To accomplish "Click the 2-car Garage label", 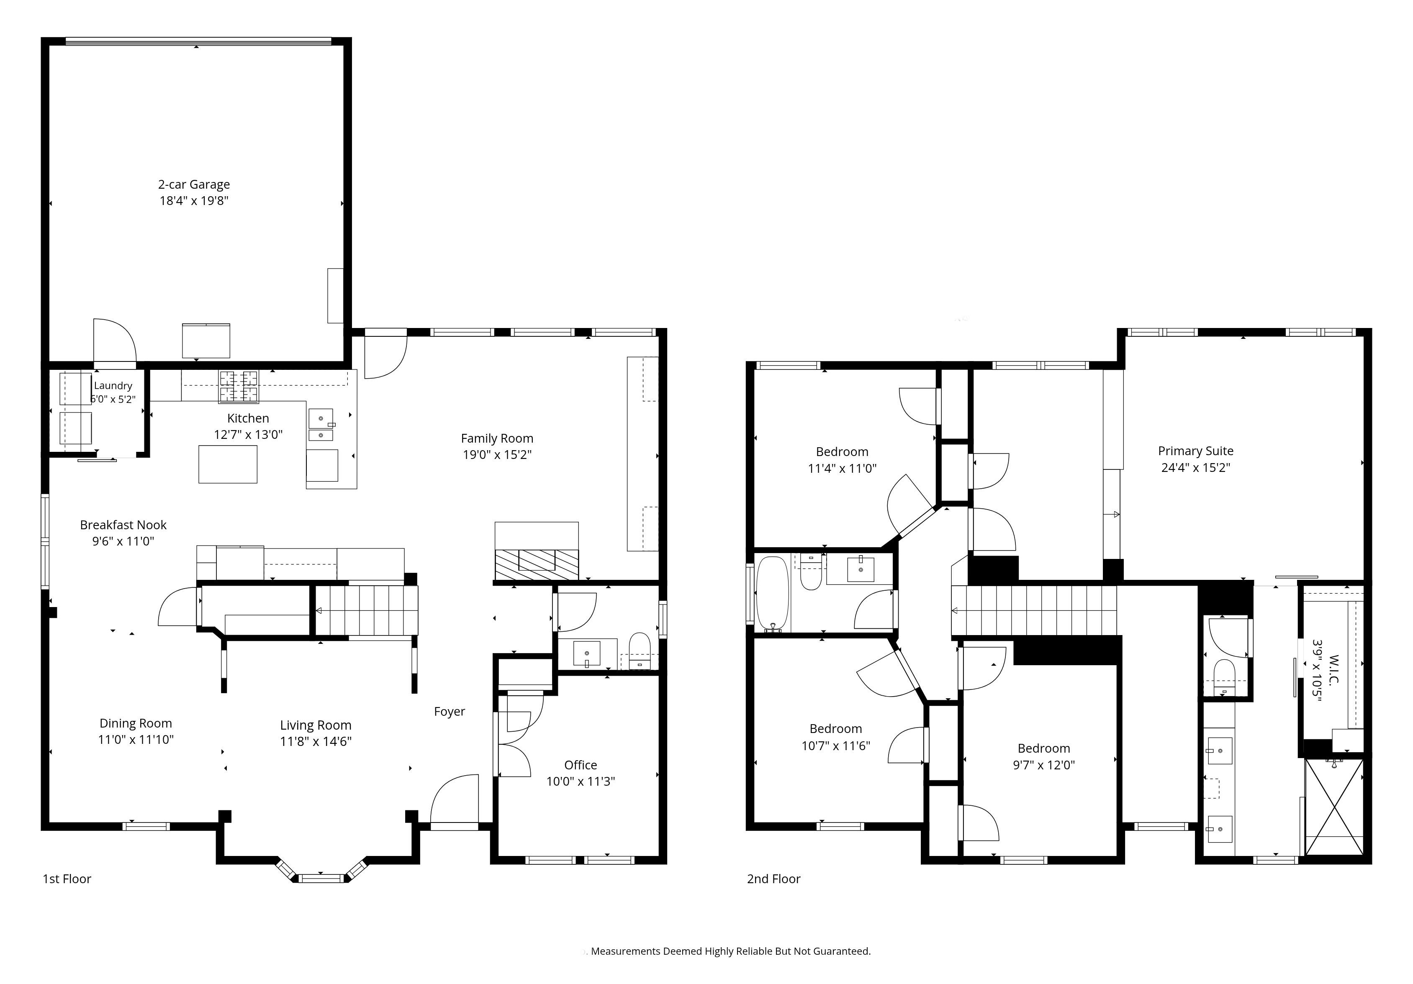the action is tap(194, 184).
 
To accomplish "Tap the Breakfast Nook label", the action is tap(123, 525).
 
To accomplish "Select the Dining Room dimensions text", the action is tap(136, 740).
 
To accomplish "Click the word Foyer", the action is tap(449, 712).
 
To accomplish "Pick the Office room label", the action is tap(581, 765).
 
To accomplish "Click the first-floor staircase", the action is tap(367, 611).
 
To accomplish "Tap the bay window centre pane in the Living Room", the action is tap(320, 878).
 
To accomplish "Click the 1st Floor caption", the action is tap(67, 879).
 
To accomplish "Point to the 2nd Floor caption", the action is tap(773, 879).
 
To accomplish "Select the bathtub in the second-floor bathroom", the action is tap(772, 594).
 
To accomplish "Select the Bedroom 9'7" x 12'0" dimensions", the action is tap(1044, 765).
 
